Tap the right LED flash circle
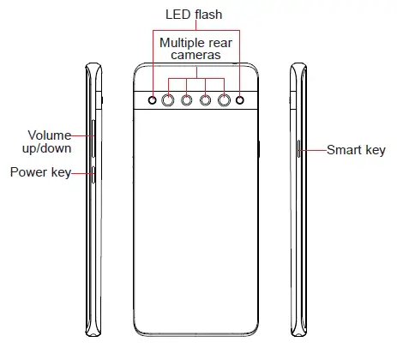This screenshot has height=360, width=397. [240, 100]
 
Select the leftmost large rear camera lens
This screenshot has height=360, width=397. [168, 100]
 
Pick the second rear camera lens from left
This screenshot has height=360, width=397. [187, 100]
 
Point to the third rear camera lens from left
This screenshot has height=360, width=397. [206, 100]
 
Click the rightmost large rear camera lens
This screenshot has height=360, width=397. [225, 100]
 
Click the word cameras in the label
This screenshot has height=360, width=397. [195, 54]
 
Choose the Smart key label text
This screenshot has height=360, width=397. [357, 150]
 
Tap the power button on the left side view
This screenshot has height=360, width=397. [93, 173]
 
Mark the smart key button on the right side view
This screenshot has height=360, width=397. [298, 150]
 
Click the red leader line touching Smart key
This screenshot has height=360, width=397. [313, 150]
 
